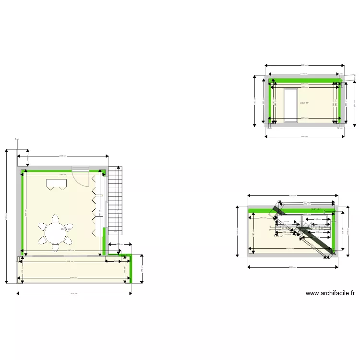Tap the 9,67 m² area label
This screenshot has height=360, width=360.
304,103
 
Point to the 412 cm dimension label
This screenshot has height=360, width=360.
304,73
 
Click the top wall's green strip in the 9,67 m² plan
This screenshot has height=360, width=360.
305,80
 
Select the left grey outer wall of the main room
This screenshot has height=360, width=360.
18,211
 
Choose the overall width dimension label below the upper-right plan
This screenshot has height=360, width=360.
304,137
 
